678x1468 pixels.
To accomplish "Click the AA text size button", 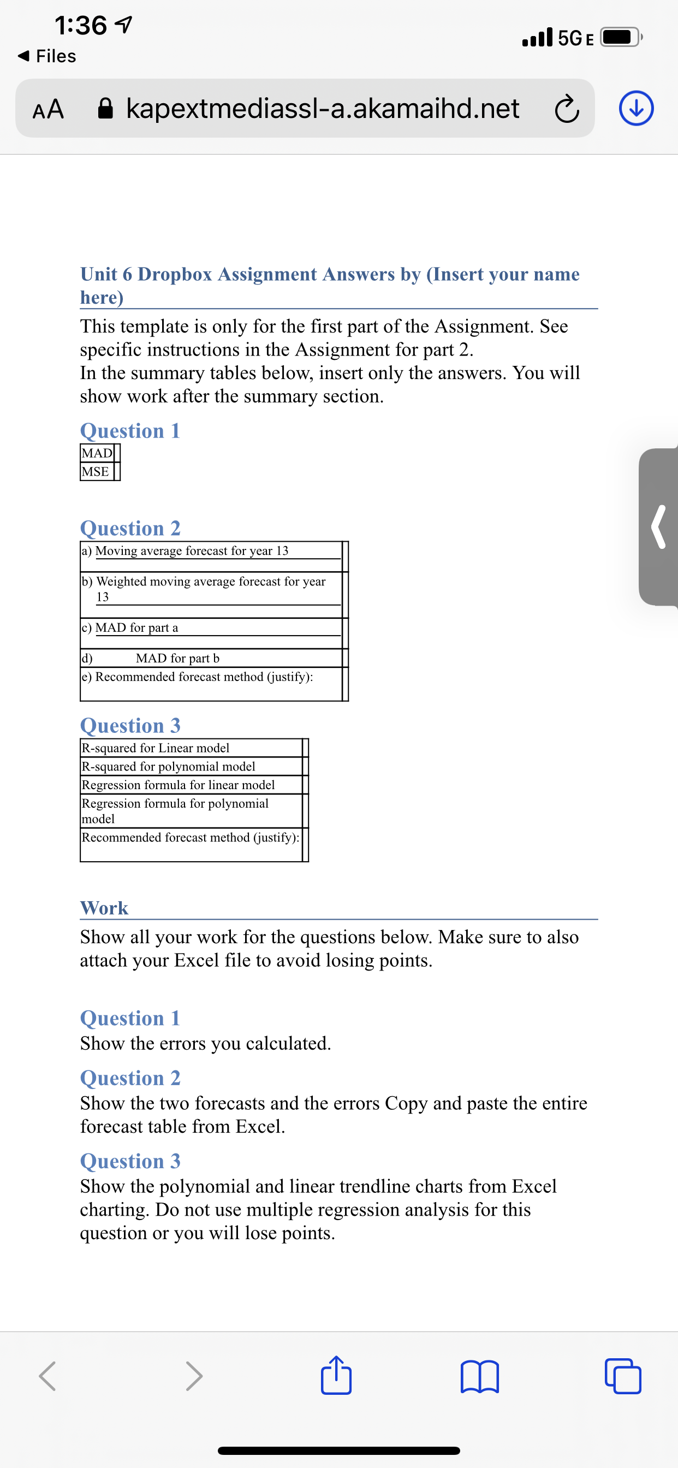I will click(x=49, y=109).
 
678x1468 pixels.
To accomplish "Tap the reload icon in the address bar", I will click(x=566, y=110).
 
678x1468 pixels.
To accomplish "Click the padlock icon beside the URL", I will click(x=106, y=108).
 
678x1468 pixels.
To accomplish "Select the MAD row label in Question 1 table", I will click(x=97, y=453).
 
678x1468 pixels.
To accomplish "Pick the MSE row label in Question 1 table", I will click(x=96, y=471).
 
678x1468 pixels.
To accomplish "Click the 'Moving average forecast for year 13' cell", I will click(x=192, y=550).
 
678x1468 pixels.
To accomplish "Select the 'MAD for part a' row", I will click(x=136, y=628).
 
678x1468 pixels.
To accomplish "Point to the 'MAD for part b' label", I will click(x=177, y=658).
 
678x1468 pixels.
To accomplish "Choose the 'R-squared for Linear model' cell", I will click(x=156, y=748).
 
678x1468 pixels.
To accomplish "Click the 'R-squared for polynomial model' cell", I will click(x=169, y=766).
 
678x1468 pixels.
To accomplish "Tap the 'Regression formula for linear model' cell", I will click(x=179, y=785).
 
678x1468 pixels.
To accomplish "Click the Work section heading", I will click(x=104, y=908).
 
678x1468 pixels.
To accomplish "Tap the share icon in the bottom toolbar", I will click(x=336, y=1376).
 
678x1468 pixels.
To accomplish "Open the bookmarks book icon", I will click(x=479, y=1377).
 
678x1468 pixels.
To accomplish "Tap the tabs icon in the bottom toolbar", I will click(x=623, y=1377).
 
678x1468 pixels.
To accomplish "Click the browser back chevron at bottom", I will click(x=48, y=1377).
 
